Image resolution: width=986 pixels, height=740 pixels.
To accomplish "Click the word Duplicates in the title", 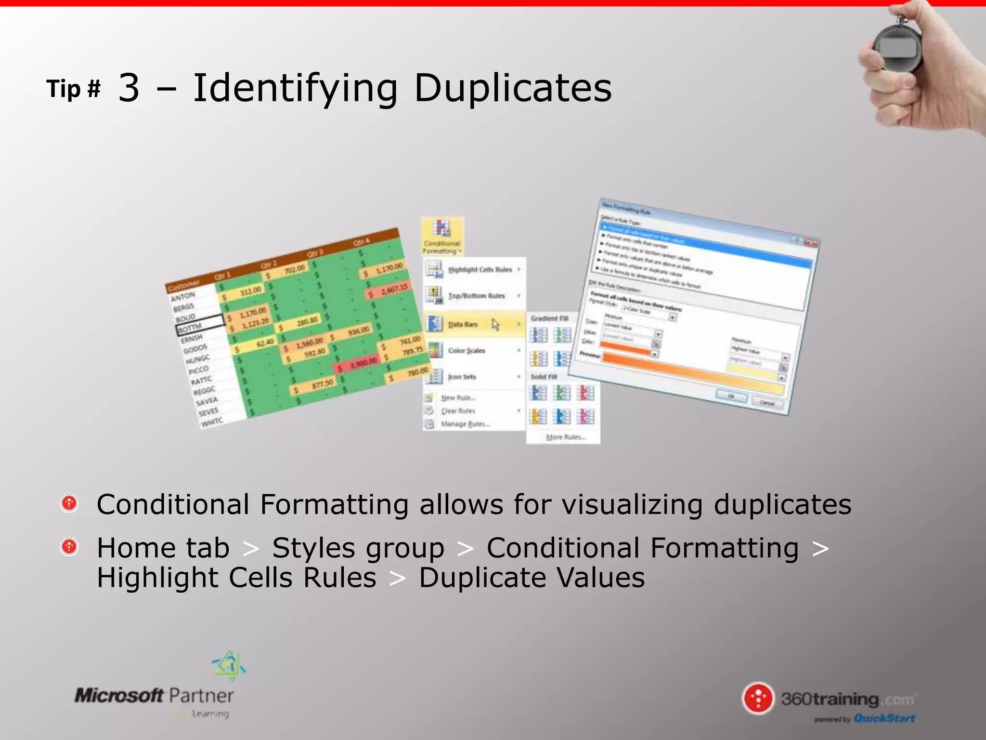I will pyautogui.click(x=512, y=88).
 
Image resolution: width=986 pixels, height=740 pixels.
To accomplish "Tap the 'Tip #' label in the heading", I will pyautogui.click(x=73, y=89).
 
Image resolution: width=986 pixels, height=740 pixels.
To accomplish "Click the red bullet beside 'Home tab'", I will pyautogui.click(x=69, y=547).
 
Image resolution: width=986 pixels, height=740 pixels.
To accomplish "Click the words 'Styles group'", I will pyautogui.click(x=358, y=548).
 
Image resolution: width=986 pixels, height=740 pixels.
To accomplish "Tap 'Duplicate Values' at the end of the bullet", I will pyautogui.click(x=532, y=578).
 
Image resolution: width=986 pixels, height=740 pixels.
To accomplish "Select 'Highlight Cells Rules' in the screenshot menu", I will pyautogui.click(x=480, y=270).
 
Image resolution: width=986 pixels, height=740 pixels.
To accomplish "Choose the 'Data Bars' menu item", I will pyautogui.click(x=463, y=325).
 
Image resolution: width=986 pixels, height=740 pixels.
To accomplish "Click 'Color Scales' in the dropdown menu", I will pyautogui.click(x=467, y=351).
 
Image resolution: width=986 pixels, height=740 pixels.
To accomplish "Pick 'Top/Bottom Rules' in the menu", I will pyautogui.click(x=476, y=296).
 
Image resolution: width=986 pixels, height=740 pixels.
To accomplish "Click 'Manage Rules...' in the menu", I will pyautogui.click(x=465, y=424).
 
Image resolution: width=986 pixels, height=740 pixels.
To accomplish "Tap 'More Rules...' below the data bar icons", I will pyautogui.click(x=565, y=437).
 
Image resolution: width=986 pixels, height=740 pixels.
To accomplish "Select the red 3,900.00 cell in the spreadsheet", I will pyautogui.click(x=359, y=365).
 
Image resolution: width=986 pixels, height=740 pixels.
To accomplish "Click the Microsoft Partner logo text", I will pyautogui.click(x=154, y=696).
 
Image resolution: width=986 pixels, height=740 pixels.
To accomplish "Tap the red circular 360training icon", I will pyautogui.click(x=758, y=698).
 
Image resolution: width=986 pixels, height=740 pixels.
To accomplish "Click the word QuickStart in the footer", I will pyautogui.click(x=884, y=718).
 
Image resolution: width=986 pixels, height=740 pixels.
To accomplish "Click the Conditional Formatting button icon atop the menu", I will pyautogui.click(x=441, y=228).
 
